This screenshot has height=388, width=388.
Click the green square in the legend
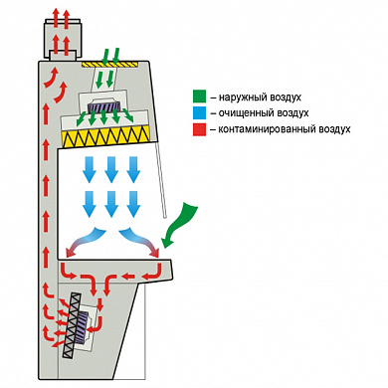pyautogui.click(x=199, y=97)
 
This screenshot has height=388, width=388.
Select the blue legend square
pyautogui.click(x=199, y=112)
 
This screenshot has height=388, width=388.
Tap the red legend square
pyautogui.click(x=199, y=129)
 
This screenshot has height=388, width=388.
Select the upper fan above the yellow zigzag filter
pyautogui.click(x=103, y=106)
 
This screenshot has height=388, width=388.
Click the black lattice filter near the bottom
pyautogui.click(x=73, y=326)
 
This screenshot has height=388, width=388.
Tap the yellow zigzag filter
pyautogui.click(x=105, y=136)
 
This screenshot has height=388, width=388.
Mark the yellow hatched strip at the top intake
pyautogui.click(x=109, y=64)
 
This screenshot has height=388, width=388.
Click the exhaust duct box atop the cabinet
pyautogui.click(x=62, y=38)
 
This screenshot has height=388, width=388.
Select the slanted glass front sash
pyautogui.click(x=161, y=179)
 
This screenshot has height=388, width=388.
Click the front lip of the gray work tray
pyautogui.click(x=166, y=270)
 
